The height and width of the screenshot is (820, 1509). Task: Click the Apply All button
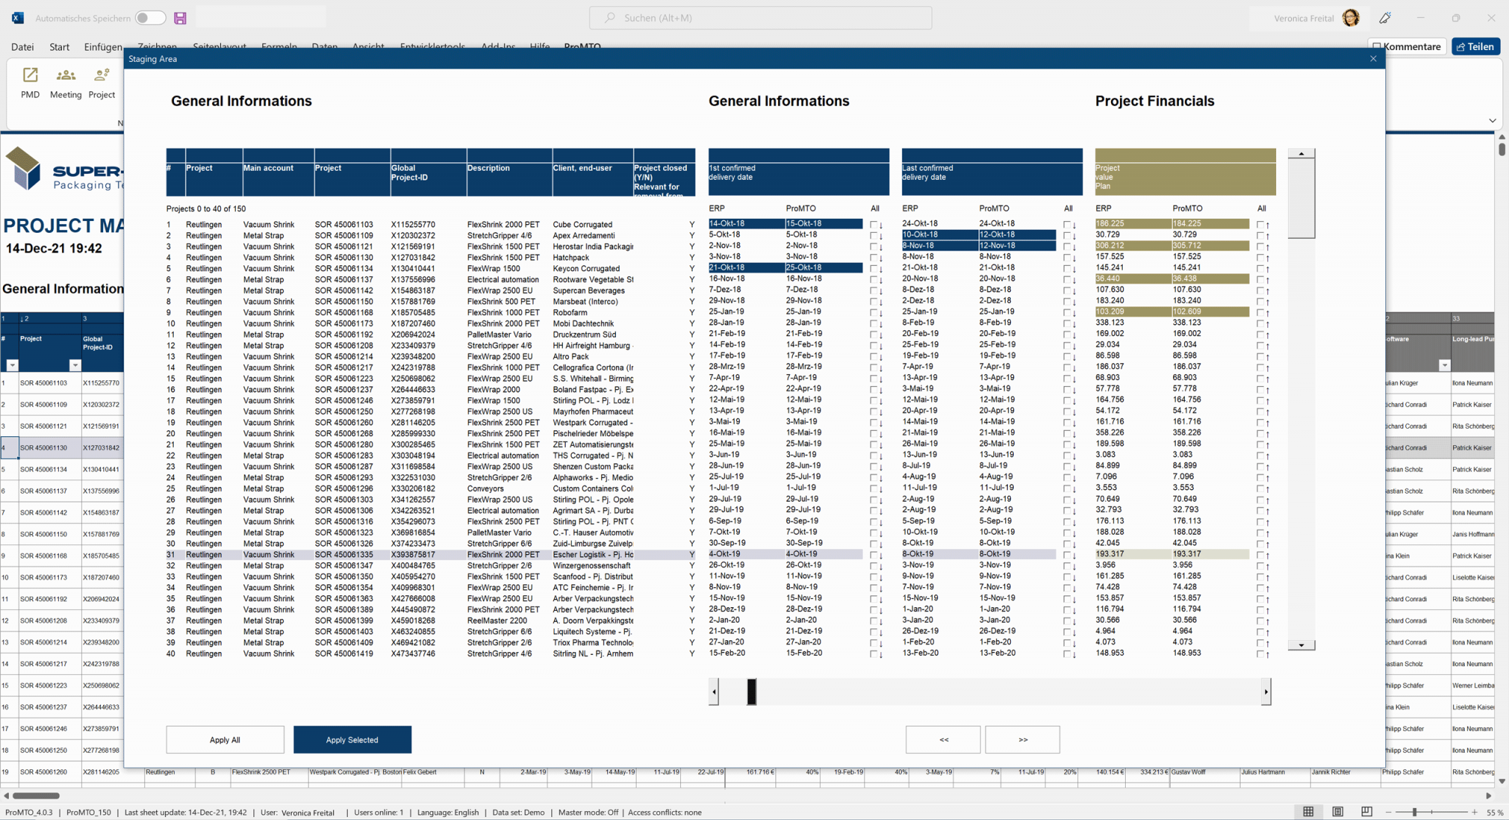[x=225, y=740]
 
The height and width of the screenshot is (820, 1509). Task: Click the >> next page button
[x=1022, y=740]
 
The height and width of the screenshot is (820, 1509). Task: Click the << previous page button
[x=943, y=740]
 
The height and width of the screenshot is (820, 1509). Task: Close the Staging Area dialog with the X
[x=1373, y=59]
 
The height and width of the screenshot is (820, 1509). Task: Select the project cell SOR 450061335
[x=343, y=555]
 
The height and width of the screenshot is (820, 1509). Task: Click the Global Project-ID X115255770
[x=413, y=225]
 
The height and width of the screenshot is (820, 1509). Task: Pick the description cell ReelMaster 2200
[x=497, y=620]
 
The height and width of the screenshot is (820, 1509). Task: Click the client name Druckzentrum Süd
[x=584, y=334]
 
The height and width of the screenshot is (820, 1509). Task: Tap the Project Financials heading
[x=1154, y=101]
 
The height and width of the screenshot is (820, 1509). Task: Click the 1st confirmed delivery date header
[x=798, y=172]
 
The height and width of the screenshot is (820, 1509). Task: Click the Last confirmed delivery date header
[x=991, y=172]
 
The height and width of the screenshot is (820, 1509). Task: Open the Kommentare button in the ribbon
[x=1407, y=46]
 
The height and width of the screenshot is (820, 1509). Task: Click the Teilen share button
[x=1475, y=46]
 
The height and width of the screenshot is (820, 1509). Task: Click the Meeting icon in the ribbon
[x=66, y=83]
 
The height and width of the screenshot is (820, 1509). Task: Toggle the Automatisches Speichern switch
[x=150, y=18]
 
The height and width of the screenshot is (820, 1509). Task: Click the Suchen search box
[x=760, y=18]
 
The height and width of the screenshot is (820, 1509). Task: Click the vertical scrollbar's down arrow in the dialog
[x=1300, y=645]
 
